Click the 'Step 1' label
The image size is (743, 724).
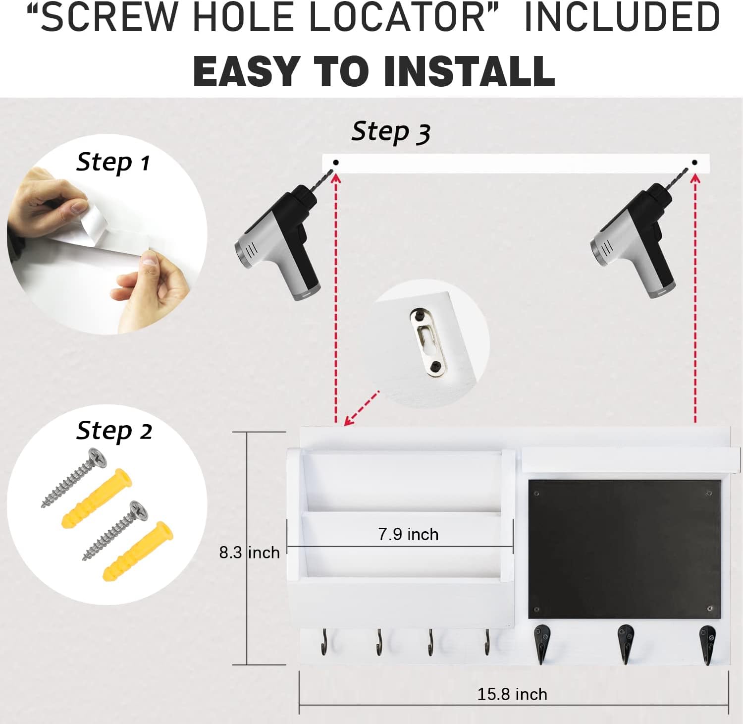(113, 163)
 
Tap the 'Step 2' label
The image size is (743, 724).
(114, 431)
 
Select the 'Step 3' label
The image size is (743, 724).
(391, 133)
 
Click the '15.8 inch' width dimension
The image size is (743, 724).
(512, 694)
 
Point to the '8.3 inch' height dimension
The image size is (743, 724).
(249, 552)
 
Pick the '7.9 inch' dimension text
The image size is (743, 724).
(408, 534)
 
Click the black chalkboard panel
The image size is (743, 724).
(625, 549)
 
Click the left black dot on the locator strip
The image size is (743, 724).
(336, 163)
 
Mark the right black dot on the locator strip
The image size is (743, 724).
(694, 163)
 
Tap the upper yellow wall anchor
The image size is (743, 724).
(97, 498)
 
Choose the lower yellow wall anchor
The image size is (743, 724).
(138, 551)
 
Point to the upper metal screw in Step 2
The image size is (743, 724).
(74, 478)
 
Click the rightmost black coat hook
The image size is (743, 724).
(707, 643)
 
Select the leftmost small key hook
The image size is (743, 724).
(324, 642)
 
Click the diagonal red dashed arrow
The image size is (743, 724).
(362, 408)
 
